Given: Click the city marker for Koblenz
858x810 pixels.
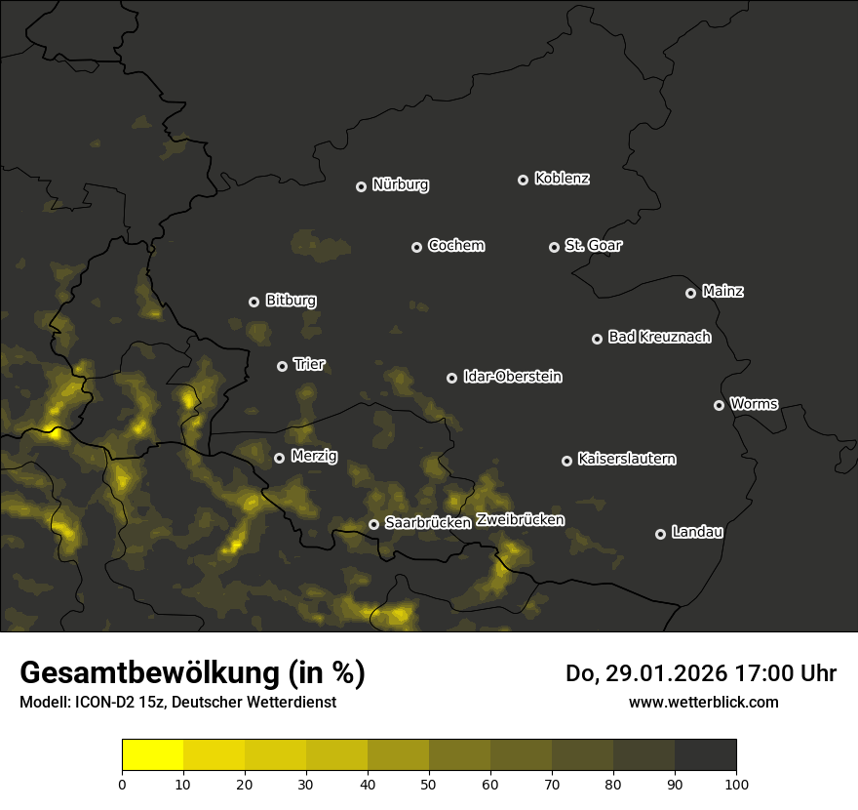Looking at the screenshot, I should [x=523, y=180].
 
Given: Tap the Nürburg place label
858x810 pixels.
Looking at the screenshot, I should [x=401, y=185].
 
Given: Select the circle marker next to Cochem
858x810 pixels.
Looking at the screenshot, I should [x=416, y=247].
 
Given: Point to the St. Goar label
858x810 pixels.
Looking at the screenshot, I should [x=593, y=246].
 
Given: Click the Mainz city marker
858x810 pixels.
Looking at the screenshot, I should [x=690, y=293].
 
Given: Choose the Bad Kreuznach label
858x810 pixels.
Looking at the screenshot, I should [x=659, y=338].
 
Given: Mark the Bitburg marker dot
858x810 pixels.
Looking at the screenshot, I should [x=253, y=302].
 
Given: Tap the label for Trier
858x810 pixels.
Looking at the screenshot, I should [x=309, y=365].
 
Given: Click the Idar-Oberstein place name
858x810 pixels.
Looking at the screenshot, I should [x=513, y=377].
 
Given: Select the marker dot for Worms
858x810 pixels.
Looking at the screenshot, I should [x=719, y=405].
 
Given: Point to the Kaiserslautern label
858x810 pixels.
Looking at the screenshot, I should [x=627, y=459].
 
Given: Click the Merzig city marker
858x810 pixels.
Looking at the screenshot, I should [x=279, y=458].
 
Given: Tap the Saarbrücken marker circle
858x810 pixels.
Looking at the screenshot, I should [x=373, y=524].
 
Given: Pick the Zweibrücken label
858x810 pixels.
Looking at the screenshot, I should [x=521, y=520].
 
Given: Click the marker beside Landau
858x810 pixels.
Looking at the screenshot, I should [x=660, y=534].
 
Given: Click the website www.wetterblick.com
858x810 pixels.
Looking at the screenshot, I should [x=704, y=702].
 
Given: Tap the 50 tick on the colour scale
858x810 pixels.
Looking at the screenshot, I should [x=429, y=784].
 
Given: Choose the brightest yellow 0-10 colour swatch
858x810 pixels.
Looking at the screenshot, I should [x=153, y=754].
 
